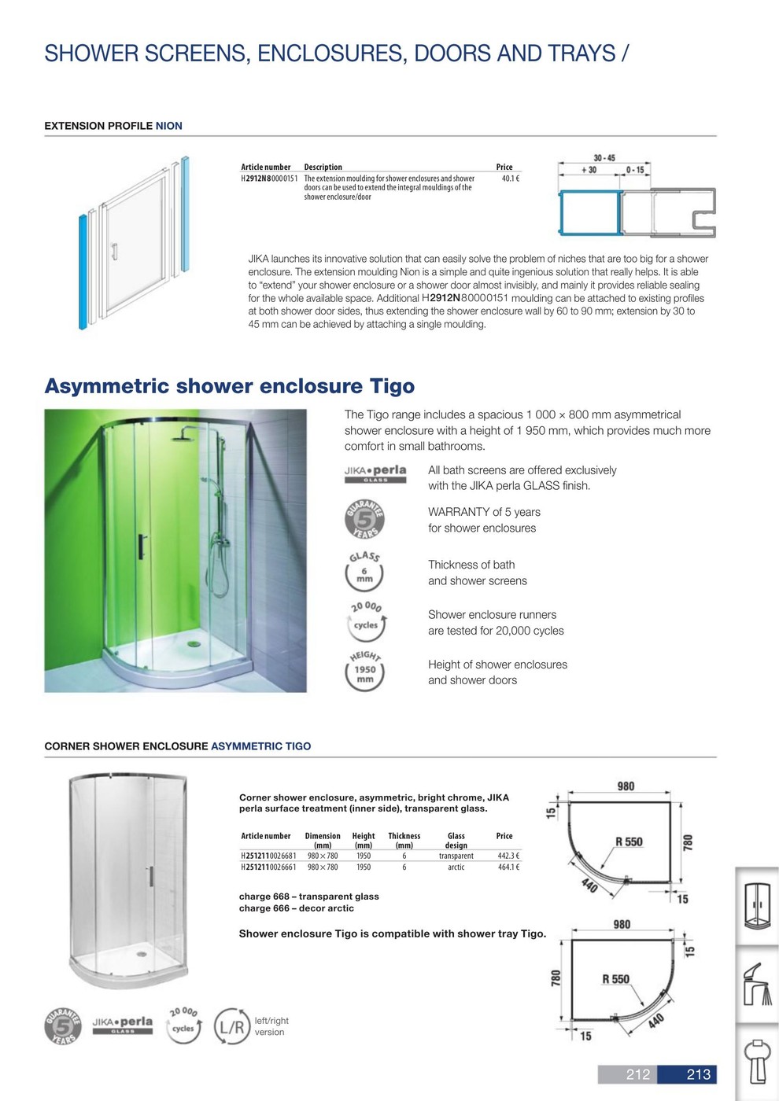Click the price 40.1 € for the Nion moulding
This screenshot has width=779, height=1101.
[510, 179]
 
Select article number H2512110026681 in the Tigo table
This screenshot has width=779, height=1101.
[268, 856]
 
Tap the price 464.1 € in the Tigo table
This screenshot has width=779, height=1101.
[508, 867]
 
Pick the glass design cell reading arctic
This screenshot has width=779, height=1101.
[456, 867]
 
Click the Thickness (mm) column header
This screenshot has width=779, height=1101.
[404, 841]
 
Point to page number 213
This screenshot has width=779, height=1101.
[698, 1074]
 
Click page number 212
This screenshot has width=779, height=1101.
[638, 1074]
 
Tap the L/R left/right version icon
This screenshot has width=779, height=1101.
[232, 1026]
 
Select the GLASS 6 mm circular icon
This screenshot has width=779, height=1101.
[364, 572]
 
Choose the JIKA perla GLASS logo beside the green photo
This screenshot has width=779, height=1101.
[375, 473]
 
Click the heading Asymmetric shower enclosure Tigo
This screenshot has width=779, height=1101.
[229, 386]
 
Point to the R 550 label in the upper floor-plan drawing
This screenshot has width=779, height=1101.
[629, 841]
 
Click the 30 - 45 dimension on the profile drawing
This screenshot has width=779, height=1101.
[604, 158]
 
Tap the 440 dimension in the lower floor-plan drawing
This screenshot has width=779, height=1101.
[655, 1022]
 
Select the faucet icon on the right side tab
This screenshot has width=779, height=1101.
[757, 983]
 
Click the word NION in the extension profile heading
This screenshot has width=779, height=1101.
[169, 126]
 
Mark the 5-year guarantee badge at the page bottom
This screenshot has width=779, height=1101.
[63, 1026]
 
